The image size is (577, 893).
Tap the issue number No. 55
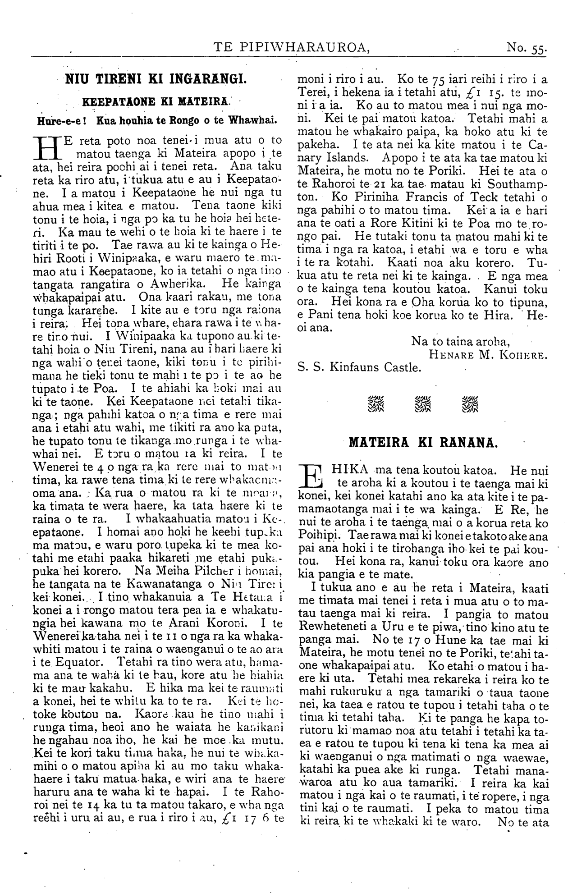527,47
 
